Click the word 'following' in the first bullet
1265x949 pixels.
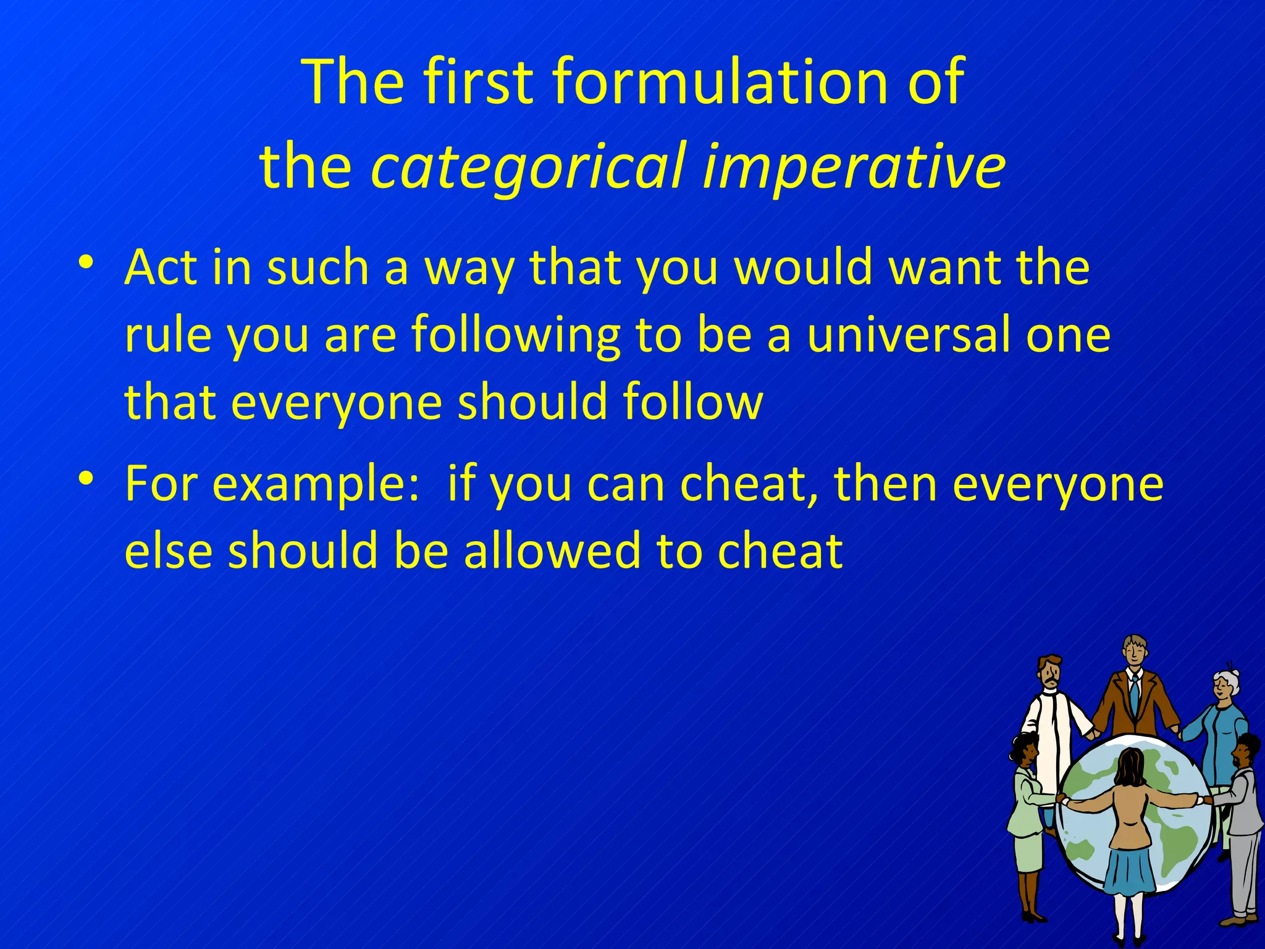coord(515,334)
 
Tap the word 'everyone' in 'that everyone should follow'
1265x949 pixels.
coord(337,402)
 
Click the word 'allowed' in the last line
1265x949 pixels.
coord(552,550)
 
